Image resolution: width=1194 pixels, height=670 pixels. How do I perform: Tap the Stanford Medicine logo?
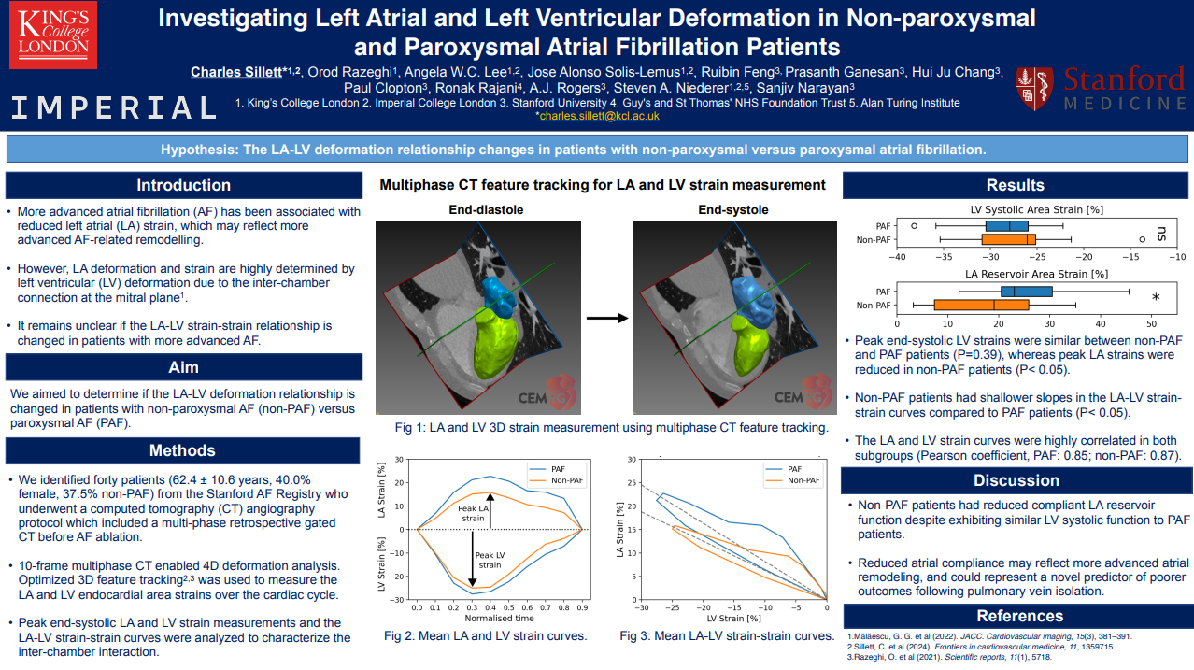coord(1102,89)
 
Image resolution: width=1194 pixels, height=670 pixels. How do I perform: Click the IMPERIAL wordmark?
coord(114,108)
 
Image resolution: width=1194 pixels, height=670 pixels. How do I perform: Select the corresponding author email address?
coord(599,116)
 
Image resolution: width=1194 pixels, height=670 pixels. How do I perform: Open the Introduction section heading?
coord(184,185)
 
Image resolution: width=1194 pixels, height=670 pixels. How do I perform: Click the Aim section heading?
coord(184,367)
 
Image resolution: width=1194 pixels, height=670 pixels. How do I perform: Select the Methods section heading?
coord(184,451)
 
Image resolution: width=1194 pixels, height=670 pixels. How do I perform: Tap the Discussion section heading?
coord(1016,480)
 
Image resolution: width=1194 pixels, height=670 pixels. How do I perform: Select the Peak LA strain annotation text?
coord(473,513)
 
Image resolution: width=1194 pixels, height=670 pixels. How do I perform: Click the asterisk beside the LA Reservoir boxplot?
coord(1156,298)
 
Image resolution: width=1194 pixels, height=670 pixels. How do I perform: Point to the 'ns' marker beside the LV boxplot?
coord(1161,233)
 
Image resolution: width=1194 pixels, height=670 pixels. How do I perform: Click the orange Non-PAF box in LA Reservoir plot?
coord(968,305)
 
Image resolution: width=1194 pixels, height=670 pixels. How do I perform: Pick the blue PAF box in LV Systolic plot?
coord(1006,226)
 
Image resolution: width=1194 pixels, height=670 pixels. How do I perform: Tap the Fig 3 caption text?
coord(727,636)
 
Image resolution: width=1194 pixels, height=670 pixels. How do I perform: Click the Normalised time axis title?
coord(499,618)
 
